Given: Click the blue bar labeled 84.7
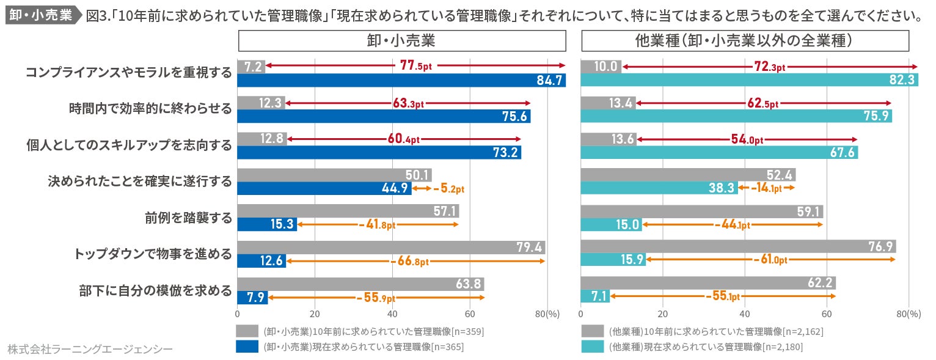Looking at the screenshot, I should click(401, 80).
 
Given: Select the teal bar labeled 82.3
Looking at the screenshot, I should click(749, 80).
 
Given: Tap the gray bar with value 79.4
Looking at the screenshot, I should click(391, 248).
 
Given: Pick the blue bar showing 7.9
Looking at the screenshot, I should click(252, 298).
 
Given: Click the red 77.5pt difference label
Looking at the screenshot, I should click(416, 66).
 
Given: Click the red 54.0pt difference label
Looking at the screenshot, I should click(747, 139).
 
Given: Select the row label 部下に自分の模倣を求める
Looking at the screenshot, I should click(156, 290).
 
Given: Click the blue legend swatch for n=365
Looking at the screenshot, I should click(247, 347).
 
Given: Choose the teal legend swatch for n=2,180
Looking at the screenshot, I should click(592, 347).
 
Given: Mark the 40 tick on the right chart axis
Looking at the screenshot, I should click(744, 314).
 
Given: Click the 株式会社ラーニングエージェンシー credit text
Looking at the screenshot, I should click(90, 349).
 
